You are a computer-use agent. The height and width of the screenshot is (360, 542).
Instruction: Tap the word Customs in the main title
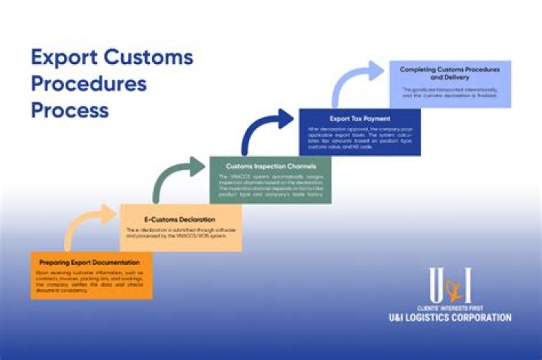click(x=148, y=57)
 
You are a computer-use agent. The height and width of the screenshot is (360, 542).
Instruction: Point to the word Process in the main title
click(x=69, y=110)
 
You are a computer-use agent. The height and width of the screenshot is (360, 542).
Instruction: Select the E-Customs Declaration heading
click(x=163, y=220)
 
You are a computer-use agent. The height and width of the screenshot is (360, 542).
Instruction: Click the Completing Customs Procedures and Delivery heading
click(x=449, y=73)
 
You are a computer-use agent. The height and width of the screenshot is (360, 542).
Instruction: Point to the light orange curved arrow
click(x=88, y=225)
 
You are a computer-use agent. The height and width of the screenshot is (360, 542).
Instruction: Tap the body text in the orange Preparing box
click(x=90, y=280)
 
